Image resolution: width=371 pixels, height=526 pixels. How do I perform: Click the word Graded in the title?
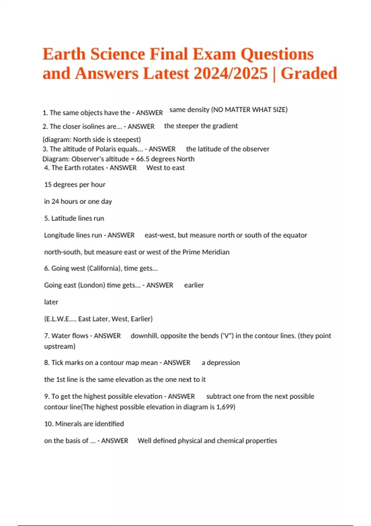coord(309,74)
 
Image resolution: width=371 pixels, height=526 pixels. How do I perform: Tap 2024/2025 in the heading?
coord(231,74)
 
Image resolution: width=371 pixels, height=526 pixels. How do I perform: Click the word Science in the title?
coord(118,54)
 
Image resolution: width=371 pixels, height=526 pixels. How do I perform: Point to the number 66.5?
coord(143,159)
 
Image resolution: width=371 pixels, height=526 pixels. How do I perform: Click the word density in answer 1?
coord(198,110)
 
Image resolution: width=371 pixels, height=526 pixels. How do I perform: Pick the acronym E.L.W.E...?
coord(60,319)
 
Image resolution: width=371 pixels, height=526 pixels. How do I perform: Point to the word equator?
coord(296,235)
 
